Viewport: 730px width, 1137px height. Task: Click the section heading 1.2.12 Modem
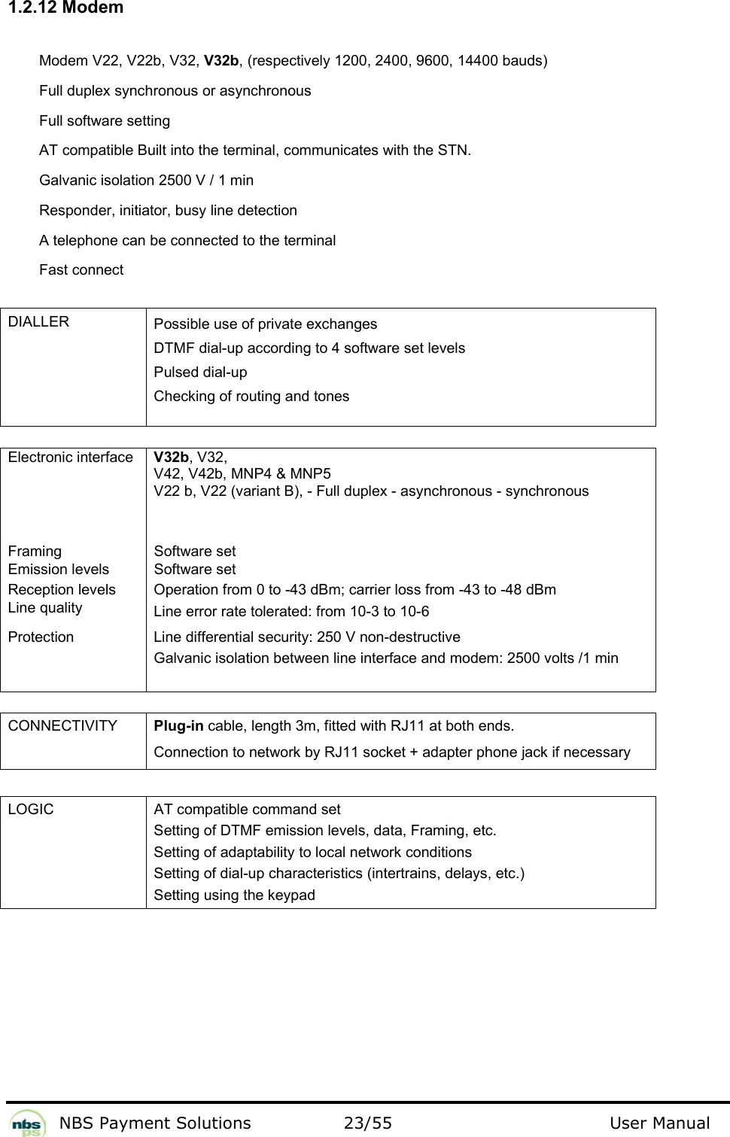pos(62,8)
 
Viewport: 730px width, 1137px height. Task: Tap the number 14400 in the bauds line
pos(477,61)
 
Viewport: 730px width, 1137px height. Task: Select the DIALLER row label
pos(39,322)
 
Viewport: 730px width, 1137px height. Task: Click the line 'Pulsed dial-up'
pos(200,372)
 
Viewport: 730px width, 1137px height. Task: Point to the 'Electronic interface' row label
pos(71,458)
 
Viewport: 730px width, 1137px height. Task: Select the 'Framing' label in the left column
pos(35,552)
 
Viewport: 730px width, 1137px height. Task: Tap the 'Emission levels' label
pos(59,570)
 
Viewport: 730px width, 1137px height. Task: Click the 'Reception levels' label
pos(62,590)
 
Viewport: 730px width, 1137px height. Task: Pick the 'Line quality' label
pos(45,608)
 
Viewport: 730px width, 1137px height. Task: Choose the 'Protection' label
pos(41,637)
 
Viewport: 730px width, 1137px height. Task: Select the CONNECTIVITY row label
pos(63,726)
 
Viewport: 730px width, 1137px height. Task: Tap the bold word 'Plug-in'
pos(178,726)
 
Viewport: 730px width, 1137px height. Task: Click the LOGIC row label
pos(32,810)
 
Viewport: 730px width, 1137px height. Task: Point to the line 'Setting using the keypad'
pos(234,895)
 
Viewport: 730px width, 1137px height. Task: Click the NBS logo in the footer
pos(27,1122)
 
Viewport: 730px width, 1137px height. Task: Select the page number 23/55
pos(367,1123)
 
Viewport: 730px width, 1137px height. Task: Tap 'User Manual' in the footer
pos(659,1123)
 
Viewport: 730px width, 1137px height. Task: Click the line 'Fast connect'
pos(81,270)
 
